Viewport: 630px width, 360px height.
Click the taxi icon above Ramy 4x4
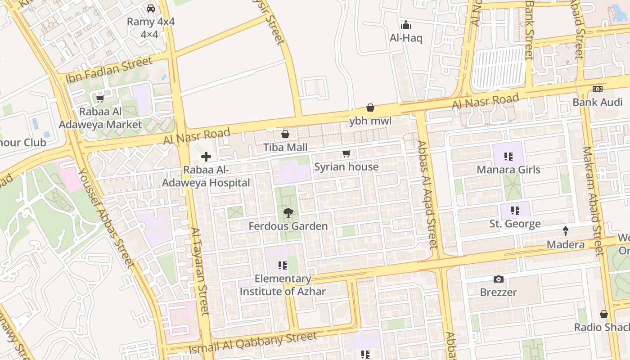[151, 9]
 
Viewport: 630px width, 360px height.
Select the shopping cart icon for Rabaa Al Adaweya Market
[100, 99]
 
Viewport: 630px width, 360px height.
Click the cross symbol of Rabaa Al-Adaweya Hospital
[206, 157]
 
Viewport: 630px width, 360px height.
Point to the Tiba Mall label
[285, 148]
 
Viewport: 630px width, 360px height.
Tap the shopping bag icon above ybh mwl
[370, 108]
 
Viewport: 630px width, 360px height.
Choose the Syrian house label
[346, 167]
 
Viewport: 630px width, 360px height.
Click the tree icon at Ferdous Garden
[288, 213]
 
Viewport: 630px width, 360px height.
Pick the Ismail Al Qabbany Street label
[253, 343]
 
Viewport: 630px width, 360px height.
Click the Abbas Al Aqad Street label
[427, 195]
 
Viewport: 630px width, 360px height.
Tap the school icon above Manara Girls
[508, 157]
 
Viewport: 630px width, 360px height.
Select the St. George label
[515, 224]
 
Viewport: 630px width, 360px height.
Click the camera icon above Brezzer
[498, 279]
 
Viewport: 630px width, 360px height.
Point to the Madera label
[566, 245]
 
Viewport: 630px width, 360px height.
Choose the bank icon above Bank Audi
[598, 89]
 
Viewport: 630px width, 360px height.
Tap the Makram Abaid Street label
[593, 201]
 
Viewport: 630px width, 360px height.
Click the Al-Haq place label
[406, 38]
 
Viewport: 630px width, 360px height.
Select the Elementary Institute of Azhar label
[283, 285]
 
